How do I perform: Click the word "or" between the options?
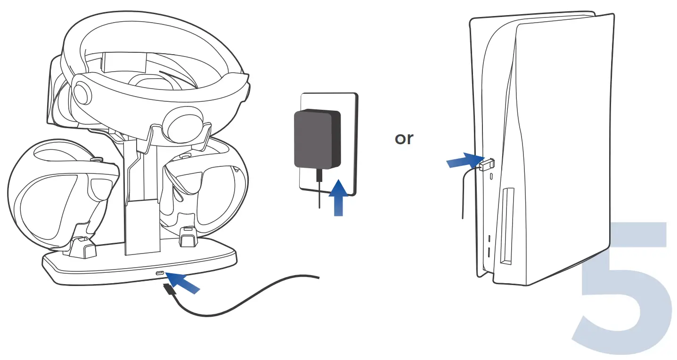tap(404, 139)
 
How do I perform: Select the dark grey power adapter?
tap(316, 139)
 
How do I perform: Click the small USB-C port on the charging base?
tap(160, 274)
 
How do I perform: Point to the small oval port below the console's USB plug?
tap(492, 176)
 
